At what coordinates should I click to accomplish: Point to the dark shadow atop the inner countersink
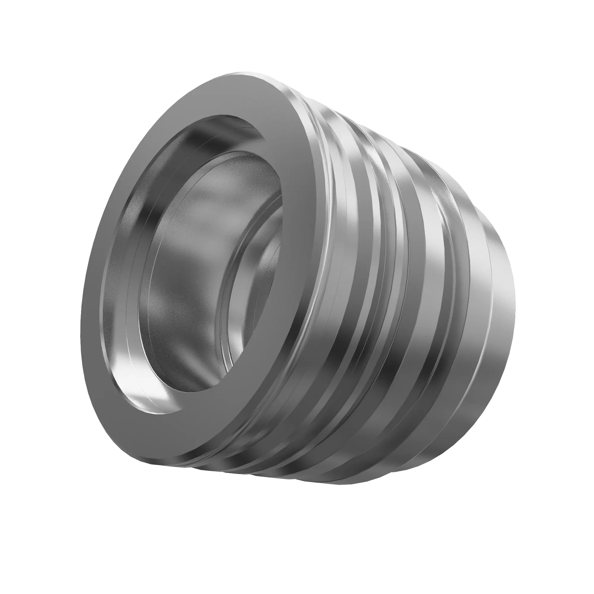tap(221, 123)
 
